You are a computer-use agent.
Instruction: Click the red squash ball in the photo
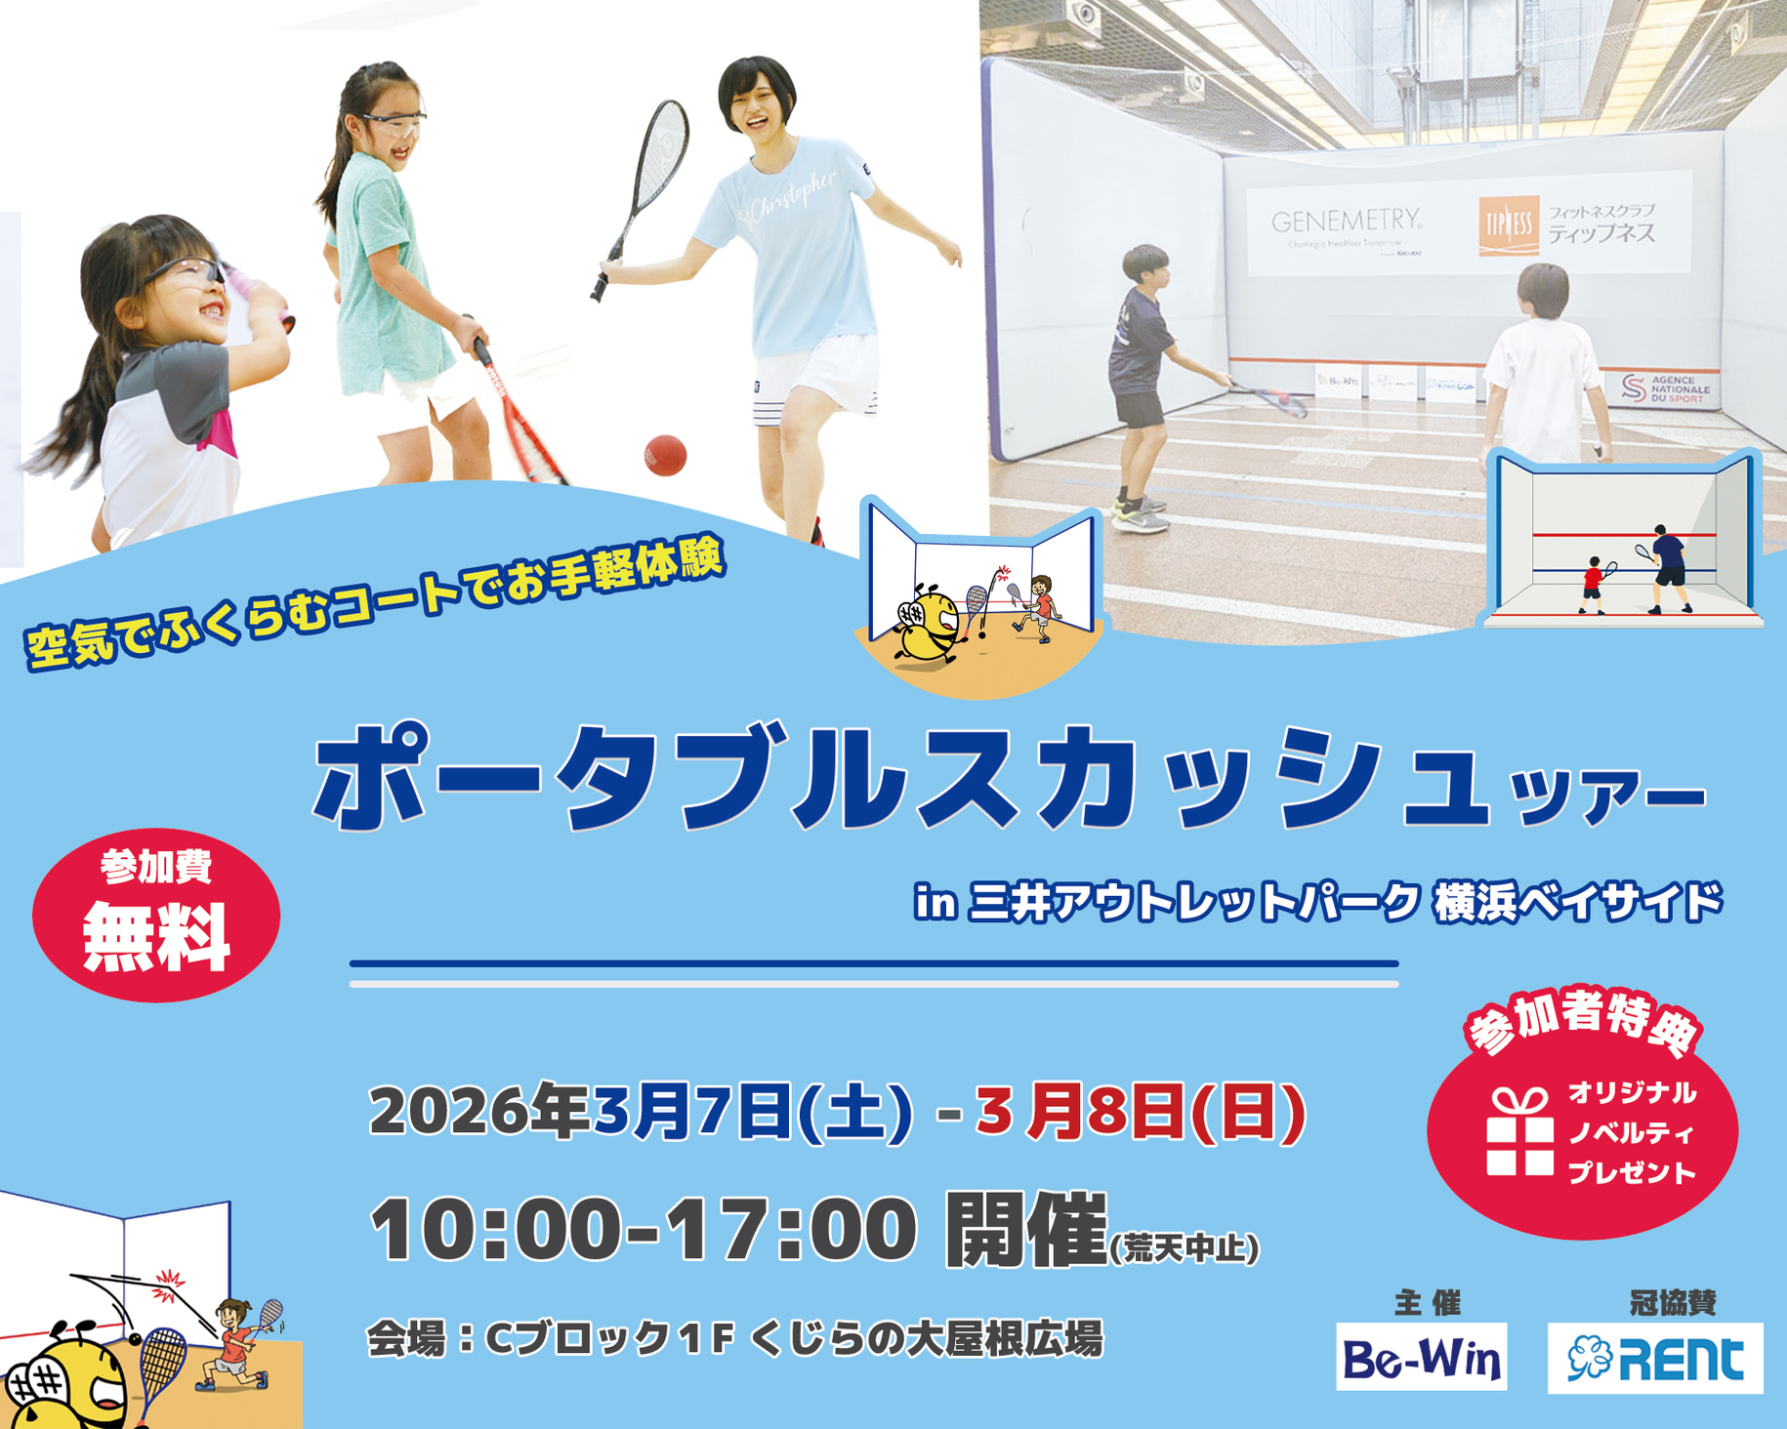665,455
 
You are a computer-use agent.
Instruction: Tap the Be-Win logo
1421,1357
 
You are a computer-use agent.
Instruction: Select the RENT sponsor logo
1655,1358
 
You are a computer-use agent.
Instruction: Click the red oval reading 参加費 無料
156,915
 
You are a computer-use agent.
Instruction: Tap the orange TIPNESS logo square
1509,226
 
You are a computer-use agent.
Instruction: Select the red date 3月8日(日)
1140,1113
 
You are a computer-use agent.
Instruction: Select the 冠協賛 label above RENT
1673,1302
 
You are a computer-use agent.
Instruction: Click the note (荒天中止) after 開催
1184,1248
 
